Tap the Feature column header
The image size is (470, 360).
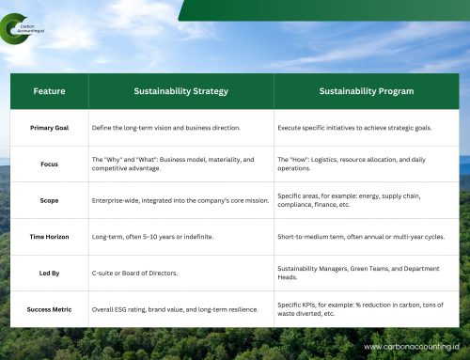pos(49,91)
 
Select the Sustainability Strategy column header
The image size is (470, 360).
pos(180,91)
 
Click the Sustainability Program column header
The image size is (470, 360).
pos(366,91)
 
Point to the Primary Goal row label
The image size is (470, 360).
pos(49,126)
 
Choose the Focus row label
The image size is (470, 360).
pos(49,164)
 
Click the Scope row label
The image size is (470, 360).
pos(49,200)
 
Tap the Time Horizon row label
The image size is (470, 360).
pos(49,237)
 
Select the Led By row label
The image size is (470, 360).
pos(49,273)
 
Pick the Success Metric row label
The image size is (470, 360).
pos(49,308)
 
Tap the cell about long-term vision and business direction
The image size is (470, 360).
pos(166,126)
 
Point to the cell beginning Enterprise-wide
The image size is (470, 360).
pos(179,200)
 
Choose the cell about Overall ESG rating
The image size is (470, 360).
pos(174,308)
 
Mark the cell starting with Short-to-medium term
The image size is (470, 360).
pos(360,237)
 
